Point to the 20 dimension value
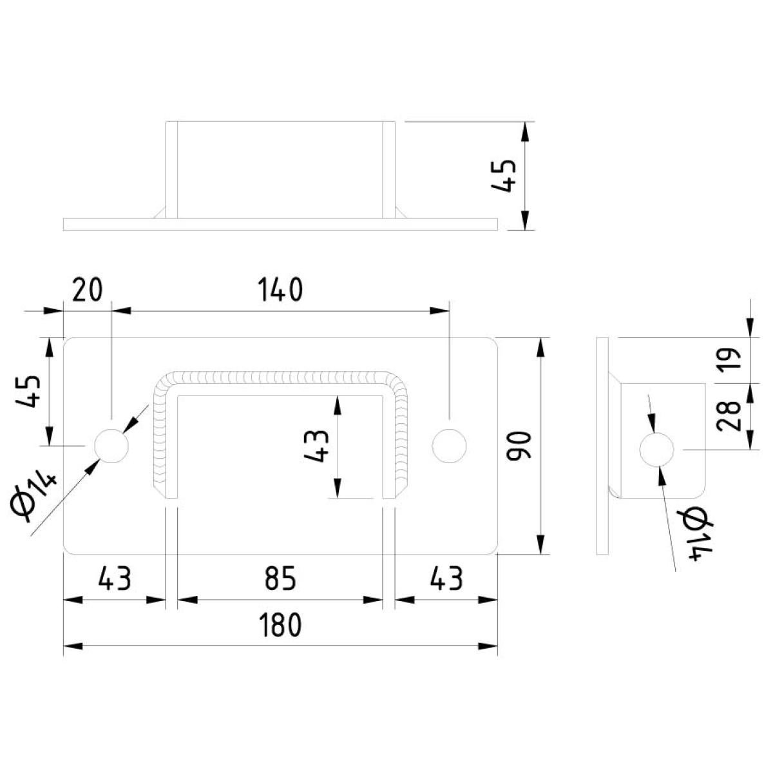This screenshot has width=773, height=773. [88, 290]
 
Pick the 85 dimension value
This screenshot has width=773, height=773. [280, 578]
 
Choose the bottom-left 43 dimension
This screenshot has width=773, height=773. [115, 578]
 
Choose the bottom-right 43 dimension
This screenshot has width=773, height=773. [446, 578]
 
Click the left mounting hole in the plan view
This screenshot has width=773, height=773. [111, 445]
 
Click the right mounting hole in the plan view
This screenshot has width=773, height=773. [449, 445]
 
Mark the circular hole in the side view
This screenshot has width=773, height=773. [657, 449]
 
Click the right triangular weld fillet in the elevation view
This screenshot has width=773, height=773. [401, 213]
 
